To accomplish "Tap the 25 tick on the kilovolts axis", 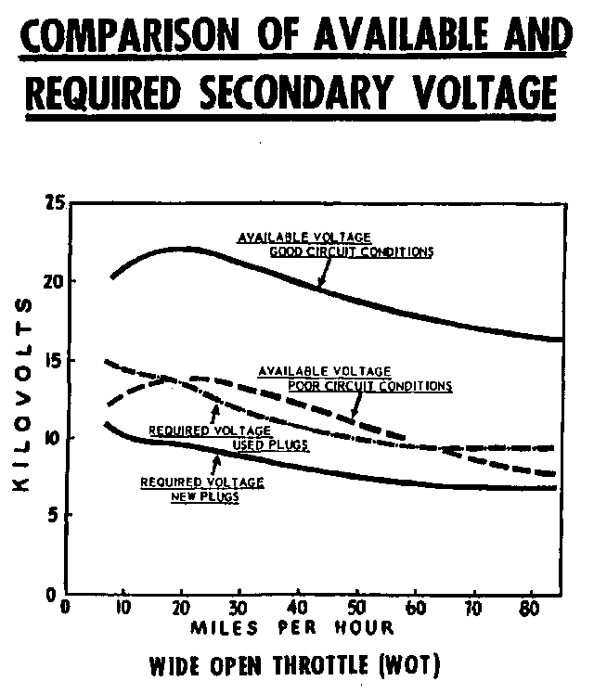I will [52, 202].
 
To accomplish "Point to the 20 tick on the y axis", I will [52, 281].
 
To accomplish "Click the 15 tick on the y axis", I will [52, 359].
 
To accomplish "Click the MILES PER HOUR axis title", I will [292, 628].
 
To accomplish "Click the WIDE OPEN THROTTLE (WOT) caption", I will [292, 665].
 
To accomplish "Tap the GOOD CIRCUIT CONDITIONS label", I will [351, 251].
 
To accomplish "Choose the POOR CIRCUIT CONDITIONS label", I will [369, 385].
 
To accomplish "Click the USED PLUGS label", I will [270, 444].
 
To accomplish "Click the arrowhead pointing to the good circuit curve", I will [321, 284].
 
